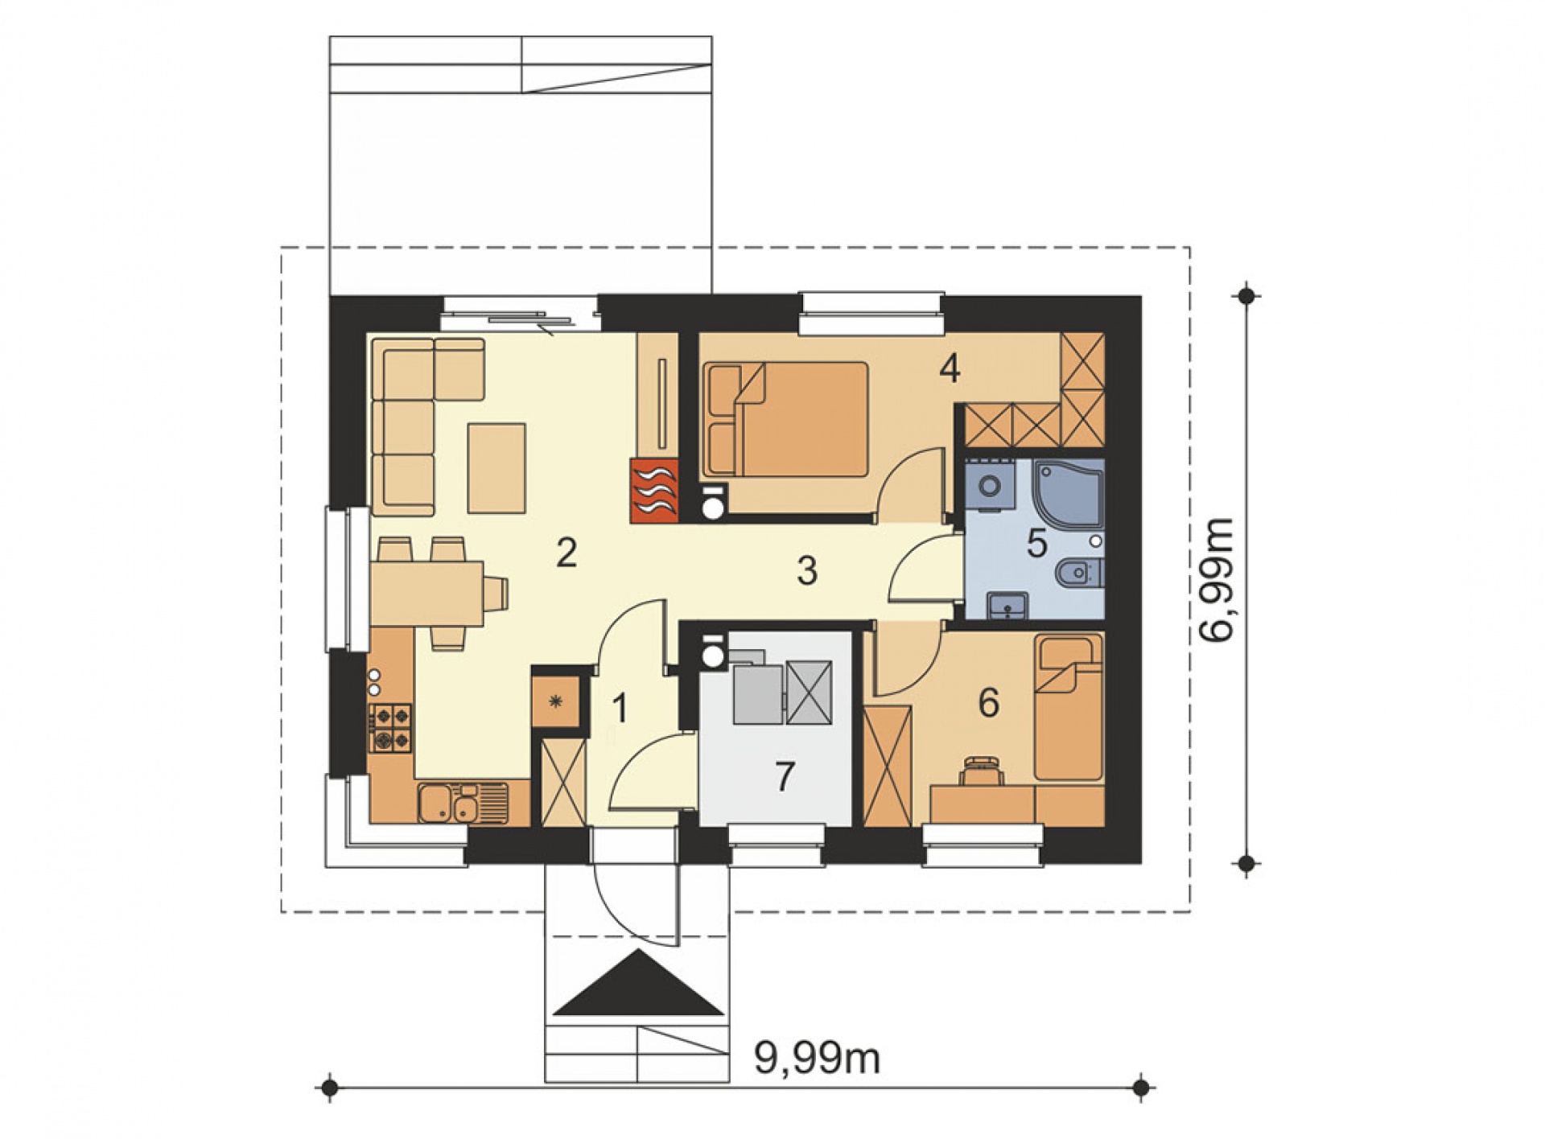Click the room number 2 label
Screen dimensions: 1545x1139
[x=566, y=553]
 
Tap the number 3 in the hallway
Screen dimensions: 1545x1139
[x=807, y=570]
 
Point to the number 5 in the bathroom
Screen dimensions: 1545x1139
[x=1036, y=544]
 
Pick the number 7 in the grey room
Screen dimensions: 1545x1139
[x=785, y=776]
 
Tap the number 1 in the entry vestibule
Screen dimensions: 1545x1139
[x=619, y=709]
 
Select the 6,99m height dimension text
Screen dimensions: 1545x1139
[x=1215, y=578]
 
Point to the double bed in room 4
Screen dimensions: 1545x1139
[x=785, y=418]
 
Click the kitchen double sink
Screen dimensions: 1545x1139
[x=453, y=803]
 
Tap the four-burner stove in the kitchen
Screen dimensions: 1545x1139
[x=390, y=728]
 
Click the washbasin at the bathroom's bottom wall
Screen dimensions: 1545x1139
[x=1007, y=606]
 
